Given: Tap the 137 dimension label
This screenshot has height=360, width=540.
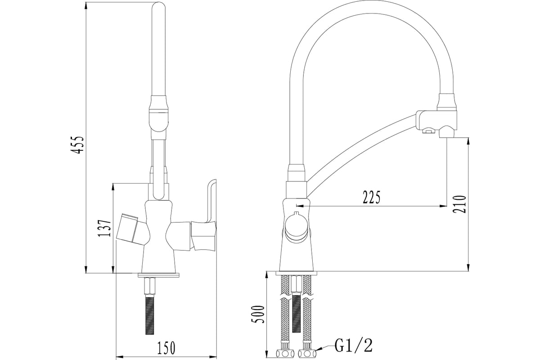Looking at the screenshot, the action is [x=105, y=228].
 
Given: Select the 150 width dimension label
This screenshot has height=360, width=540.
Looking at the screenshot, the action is [x=166, y=348].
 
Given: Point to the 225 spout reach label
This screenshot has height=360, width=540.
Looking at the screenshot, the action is [x=372, y=197].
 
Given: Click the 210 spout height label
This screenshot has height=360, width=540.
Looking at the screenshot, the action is [x=460, y=204].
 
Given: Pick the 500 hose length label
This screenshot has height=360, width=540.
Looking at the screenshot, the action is [x=258, y=314].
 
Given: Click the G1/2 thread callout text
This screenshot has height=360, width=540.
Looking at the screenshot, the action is [x=353, y=345].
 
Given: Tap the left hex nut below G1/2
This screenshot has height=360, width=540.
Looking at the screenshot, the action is [x=285, y=354].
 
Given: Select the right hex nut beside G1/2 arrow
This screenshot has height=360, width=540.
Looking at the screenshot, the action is [x=307, y=354].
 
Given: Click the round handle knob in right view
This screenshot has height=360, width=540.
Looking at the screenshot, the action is [x=296, y=227].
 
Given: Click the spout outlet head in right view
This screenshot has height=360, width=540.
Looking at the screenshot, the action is [x=437, y=124].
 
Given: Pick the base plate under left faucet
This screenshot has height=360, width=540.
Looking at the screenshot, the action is [x=158, y=275].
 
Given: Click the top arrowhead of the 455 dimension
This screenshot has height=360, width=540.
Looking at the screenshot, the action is [x=86, y=5].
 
